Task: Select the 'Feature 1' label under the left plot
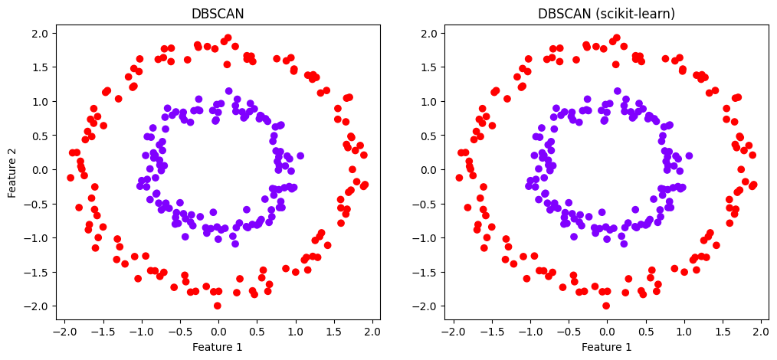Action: point(218,347)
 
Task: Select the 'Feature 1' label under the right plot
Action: point(606,347)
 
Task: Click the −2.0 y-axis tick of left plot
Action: point(38,306)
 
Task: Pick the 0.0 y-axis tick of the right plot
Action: point(429,170)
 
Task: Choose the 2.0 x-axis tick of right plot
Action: point(761,332)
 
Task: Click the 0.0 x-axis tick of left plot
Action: point(218,332)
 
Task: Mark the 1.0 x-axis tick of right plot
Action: point(684,332)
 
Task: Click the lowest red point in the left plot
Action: point(218,306)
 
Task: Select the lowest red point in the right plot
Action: point(606,306)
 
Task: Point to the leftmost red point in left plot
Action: point(70,178)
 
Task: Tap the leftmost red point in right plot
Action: point(459,178)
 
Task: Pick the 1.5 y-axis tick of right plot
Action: point(429,67)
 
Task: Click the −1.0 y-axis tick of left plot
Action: point(38,237)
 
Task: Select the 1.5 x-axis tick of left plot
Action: point(333,332)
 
